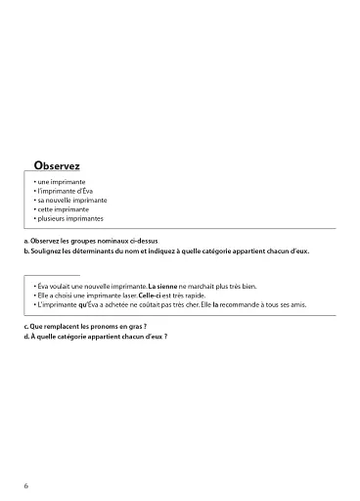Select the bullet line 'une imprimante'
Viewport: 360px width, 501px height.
(62, 183)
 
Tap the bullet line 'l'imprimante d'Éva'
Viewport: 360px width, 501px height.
(67, 192)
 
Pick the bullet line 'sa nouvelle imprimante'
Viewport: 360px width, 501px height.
(71, 201)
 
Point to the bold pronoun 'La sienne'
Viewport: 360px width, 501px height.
(162, 287)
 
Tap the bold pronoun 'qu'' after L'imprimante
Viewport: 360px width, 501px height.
(82, 304)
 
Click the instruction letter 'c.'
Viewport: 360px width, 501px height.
(25, 324)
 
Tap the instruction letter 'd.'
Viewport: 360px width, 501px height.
(25, 335)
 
